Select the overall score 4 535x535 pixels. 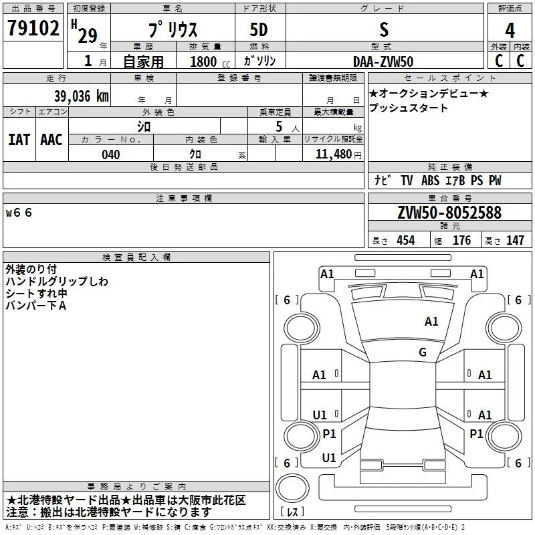(x=510, y=31)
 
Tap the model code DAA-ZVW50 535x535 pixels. (x=383, y=62)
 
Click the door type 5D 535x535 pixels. (x=259, y=31)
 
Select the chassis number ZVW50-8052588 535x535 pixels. (x=449, y=213)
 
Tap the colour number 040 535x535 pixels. (x=111, y=154)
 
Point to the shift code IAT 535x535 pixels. (x=19, y=139)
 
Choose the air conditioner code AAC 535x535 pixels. (x=51, y=139)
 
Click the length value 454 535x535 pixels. (x=405, y=241)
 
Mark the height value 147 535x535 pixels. (x=514, y=241)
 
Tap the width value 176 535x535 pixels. (x=461, y=241)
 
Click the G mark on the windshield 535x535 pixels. (x=422, y=352)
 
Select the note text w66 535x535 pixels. (x=19, y=213)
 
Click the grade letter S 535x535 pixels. (x=383, y=31)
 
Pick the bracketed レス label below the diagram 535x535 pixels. (x=292, y=513)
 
